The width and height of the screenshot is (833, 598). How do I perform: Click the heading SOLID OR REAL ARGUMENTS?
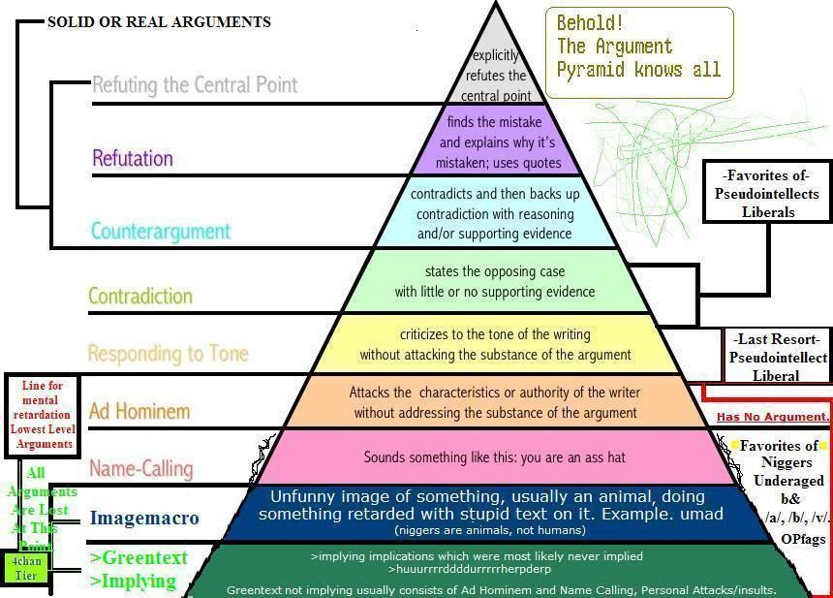[x=159, y=21]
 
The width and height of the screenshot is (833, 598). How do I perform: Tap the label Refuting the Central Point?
[x=195, y=84]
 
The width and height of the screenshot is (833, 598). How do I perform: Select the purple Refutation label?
[x=133, y=158]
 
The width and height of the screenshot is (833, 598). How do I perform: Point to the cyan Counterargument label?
[x=161, y=231]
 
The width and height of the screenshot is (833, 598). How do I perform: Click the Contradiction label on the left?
[x=140, y=296]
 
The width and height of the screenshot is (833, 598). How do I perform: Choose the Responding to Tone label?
[x=168, y=353]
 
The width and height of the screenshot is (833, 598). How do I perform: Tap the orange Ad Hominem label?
[x=140, y=411]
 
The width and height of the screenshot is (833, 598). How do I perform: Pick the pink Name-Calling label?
[x=141, y=468]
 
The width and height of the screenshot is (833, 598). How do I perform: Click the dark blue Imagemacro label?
[x=144, y=518]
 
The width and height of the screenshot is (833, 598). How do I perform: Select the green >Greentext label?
[x=139, y=557]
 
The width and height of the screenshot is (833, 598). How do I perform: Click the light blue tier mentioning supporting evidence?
[x=495, y=213]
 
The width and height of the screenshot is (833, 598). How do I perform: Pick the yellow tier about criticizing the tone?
[x=495, y=344]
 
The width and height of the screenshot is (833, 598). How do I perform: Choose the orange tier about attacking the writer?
[x=495, y=402]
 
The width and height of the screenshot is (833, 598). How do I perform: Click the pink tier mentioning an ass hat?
[x=495, y=456]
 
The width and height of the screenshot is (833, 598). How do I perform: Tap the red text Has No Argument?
[x=773, y=417]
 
